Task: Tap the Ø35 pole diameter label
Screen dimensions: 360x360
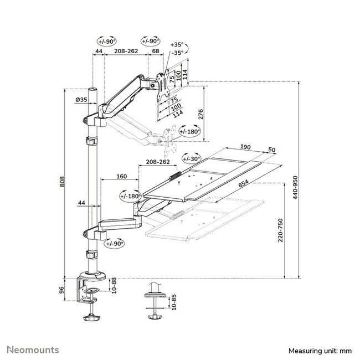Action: coord(81,100)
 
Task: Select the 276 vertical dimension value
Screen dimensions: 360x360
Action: coord(202,114)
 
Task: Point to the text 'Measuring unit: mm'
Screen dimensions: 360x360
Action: coord(320,351)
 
